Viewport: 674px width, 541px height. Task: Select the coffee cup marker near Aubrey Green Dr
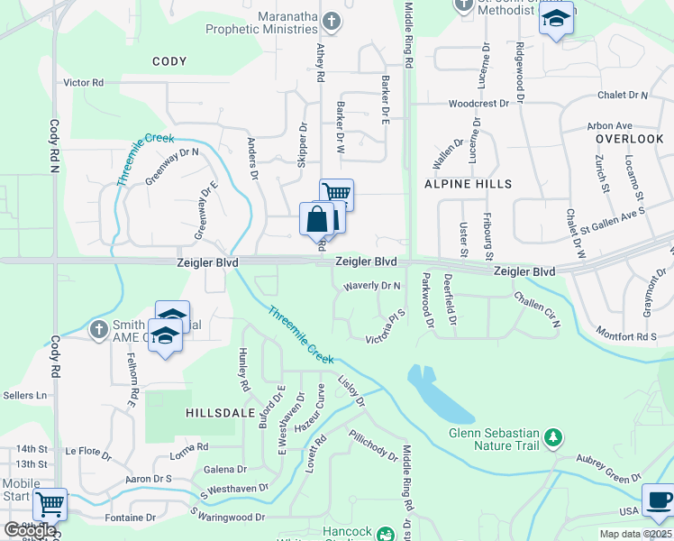(x=657, y=500)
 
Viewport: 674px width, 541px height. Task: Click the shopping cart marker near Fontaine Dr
(x=50, y=505)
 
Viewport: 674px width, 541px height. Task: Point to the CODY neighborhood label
(x=169, y=62)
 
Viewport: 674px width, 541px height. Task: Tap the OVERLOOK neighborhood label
(x=629, y=139)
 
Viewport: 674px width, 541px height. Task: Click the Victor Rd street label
(x=84, y=82)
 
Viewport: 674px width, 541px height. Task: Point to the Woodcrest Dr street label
(x=478, y=104)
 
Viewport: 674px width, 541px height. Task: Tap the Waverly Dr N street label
(x=371, y=286)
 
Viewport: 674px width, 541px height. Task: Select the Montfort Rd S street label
(x=627, y=336)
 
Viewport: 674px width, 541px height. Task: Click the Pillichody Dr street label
(x=373, y=445)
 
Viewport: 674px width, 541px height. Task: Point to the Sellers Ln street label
(x=24, y=395)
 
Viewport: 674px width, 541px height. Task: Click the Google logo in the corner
(x=29, y=531)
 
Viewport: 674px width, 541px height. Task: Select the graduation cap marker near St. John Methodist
(x=556, y=20)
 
